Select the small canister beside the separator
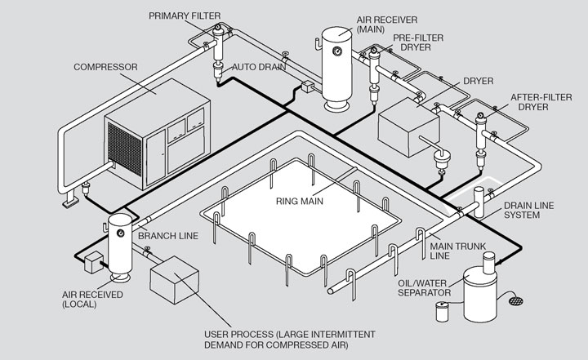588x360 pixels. (443, 311)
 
